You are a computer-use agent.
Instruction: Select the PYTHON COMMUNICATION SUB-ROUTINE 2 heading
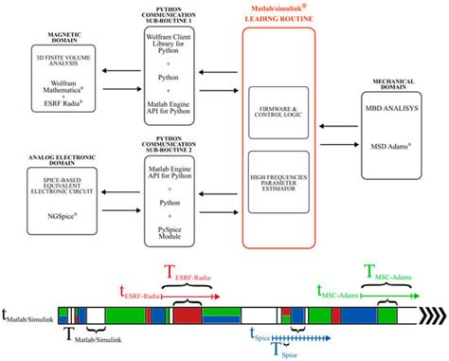(x=174, y=133)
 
